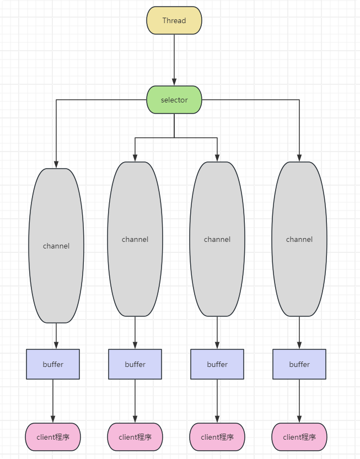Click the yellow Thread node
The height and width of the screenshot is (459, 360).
(x=174, y=20)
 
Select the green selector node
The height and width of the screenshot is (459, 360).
(x=174, y=100)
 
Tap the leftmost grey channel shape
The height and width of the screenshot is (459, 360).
(x=56, y=246)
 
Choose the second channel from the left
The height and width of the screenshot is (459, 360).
(x=135, y=239)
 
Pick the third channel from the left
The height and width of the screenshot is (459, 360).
(x=217, y=239)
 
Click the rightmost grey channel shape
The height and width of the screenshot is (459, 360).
(x=299, y=239)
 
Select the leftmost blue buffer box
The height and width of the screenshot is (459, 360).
(x=53, y=364)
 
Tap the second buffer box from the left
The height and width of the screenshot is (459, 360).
(x=135, y=364)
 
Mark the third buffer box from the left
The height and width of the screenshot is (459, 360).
(x=217, y=364)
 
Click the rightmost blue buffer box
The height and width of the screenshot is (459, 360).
(x=299, y=364)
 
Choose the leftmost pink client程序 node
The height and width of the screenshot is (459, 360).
(x=53, y=437)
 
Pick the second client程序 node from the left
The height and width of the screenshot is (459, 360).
(x=135, y=437)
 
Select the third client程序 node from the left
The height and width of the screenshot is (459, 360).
(x=217, y=437)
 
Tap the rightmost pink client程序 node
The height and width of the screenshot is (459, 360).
(x=299, y=437)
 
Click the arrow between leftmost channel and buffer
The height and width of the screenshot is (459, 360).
(x=56, y=336)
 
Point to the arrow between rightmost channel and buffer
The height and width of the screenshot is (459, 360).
(x=299, y=332)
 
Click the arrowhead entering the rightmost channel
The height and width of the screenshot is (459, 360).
(x=299, y=158)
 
